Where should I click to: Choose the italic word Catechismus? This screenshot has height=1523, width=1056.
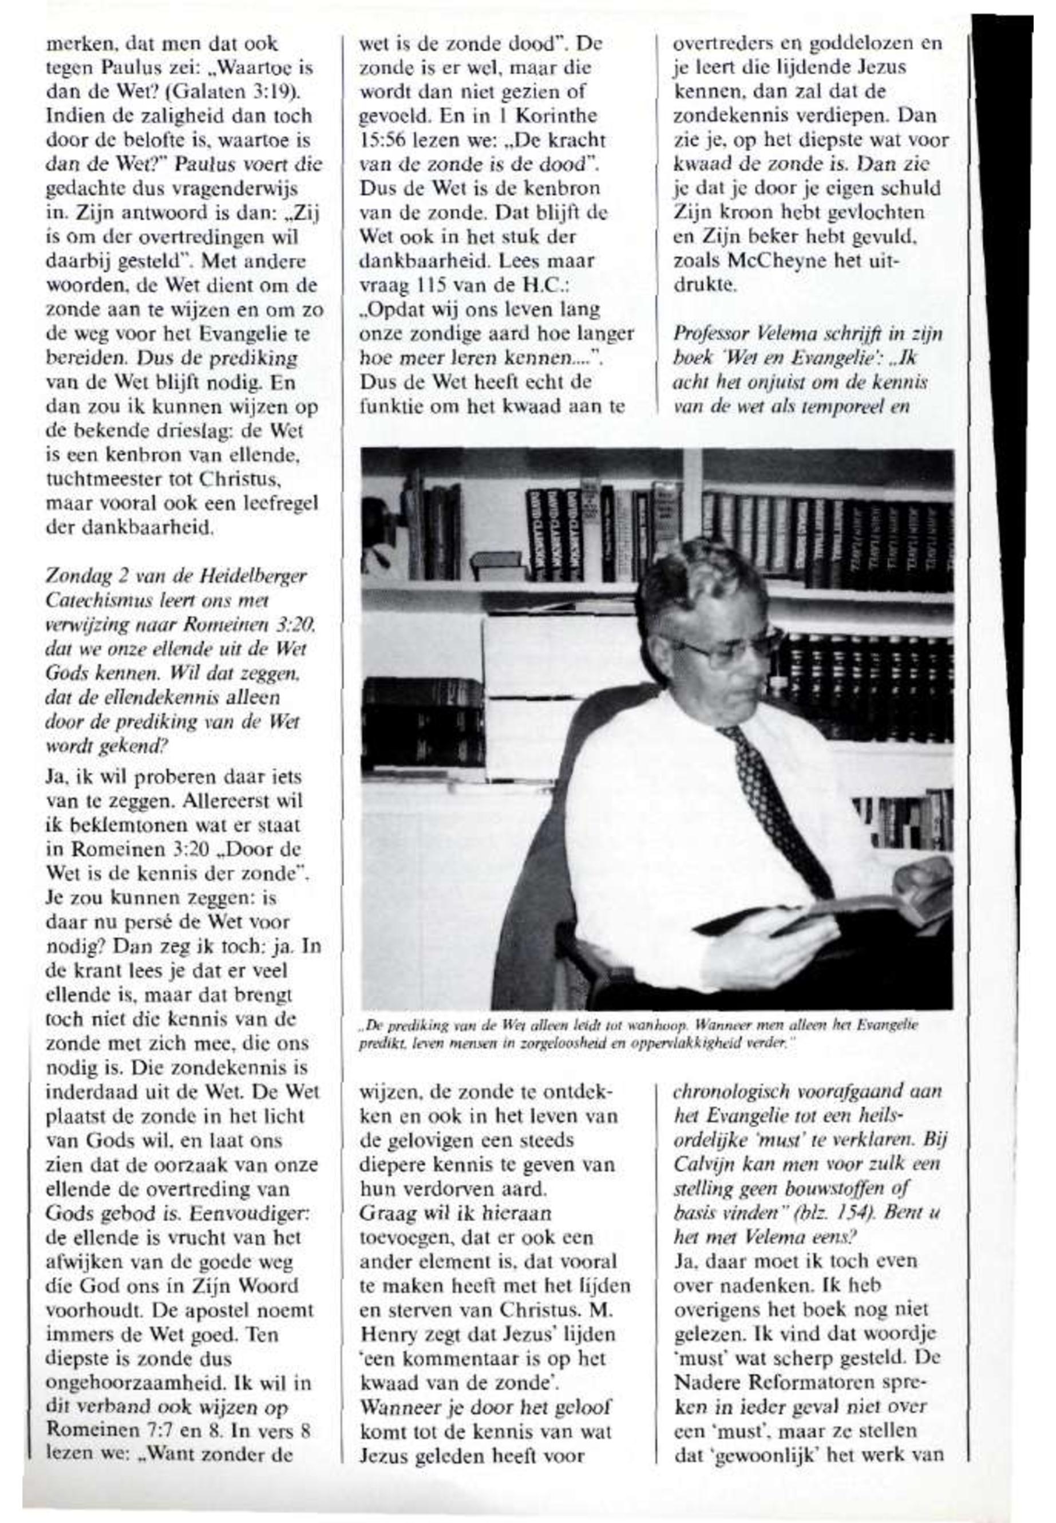pyautogui.click(x=99, y=601)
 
